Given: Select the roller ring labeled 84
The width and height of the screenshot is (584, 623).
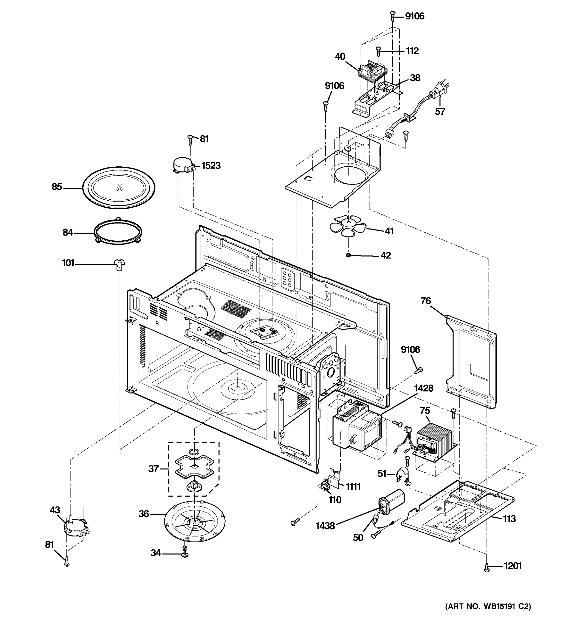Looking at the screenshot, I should [x=118, y=232].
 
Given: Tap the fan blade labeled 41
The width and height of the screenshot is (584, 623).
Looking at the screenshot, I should [x=348, y=225].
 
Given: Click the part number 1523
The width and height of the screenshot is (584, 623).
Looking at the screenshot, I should [x=210, y=165].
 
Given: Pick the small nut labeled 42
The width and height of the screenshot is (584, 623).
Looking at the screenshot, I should [x=348, y=255].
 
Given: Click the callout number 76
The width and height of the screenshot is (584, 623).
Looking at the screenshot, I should [x=425, y=301].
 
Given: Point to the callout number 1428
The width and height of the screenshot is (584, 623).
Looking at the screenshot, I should [x=424, y=388].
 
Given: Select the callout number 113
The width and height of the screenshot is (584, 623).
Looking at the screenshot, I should [x=509, y=519].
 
